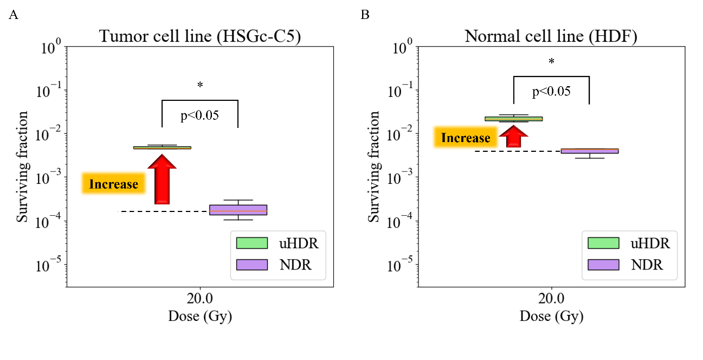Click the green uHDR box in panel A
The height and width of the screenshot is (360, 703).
(x=162, y=147)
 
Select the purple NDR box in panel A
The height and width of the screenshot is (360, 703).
(x=238, y=210)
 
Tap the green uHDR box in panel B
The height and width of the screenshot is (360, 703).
(x=513, y=119)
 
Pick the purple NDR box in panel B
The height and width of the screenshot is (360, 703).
(x=589, y=151)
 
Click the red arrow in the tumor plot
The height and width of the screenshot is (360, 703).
(x=162, y=179)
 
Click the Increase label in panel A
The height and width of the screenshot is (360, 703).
(x=114, y=184)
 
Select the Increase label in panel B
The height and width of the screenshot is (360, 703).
(x=466, y=138)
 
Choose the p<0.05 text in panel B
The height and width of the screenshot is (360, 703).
(x=551, y=91)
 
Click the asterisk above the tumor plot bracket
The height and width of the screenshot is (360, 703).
(x=200, y=85)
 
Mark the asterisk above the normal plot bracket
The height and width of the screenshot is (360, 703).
(x=551, y=61)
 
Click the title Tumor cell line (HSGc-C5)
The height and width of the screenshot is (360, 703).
(x=200, y=37)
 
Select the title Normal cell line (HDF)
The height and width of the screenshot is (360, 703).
(x=551, y=37)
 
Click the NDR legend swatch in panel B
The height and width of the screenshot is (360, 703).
(x=603, y=264)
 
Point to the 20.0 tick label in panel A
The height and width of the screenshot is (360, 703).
(x=200, y=299)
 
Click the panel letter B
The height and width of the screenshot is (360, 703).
(x=365, y=15)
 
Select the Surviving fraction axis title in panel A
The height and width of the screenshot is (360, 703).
(x=22, y=166)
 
